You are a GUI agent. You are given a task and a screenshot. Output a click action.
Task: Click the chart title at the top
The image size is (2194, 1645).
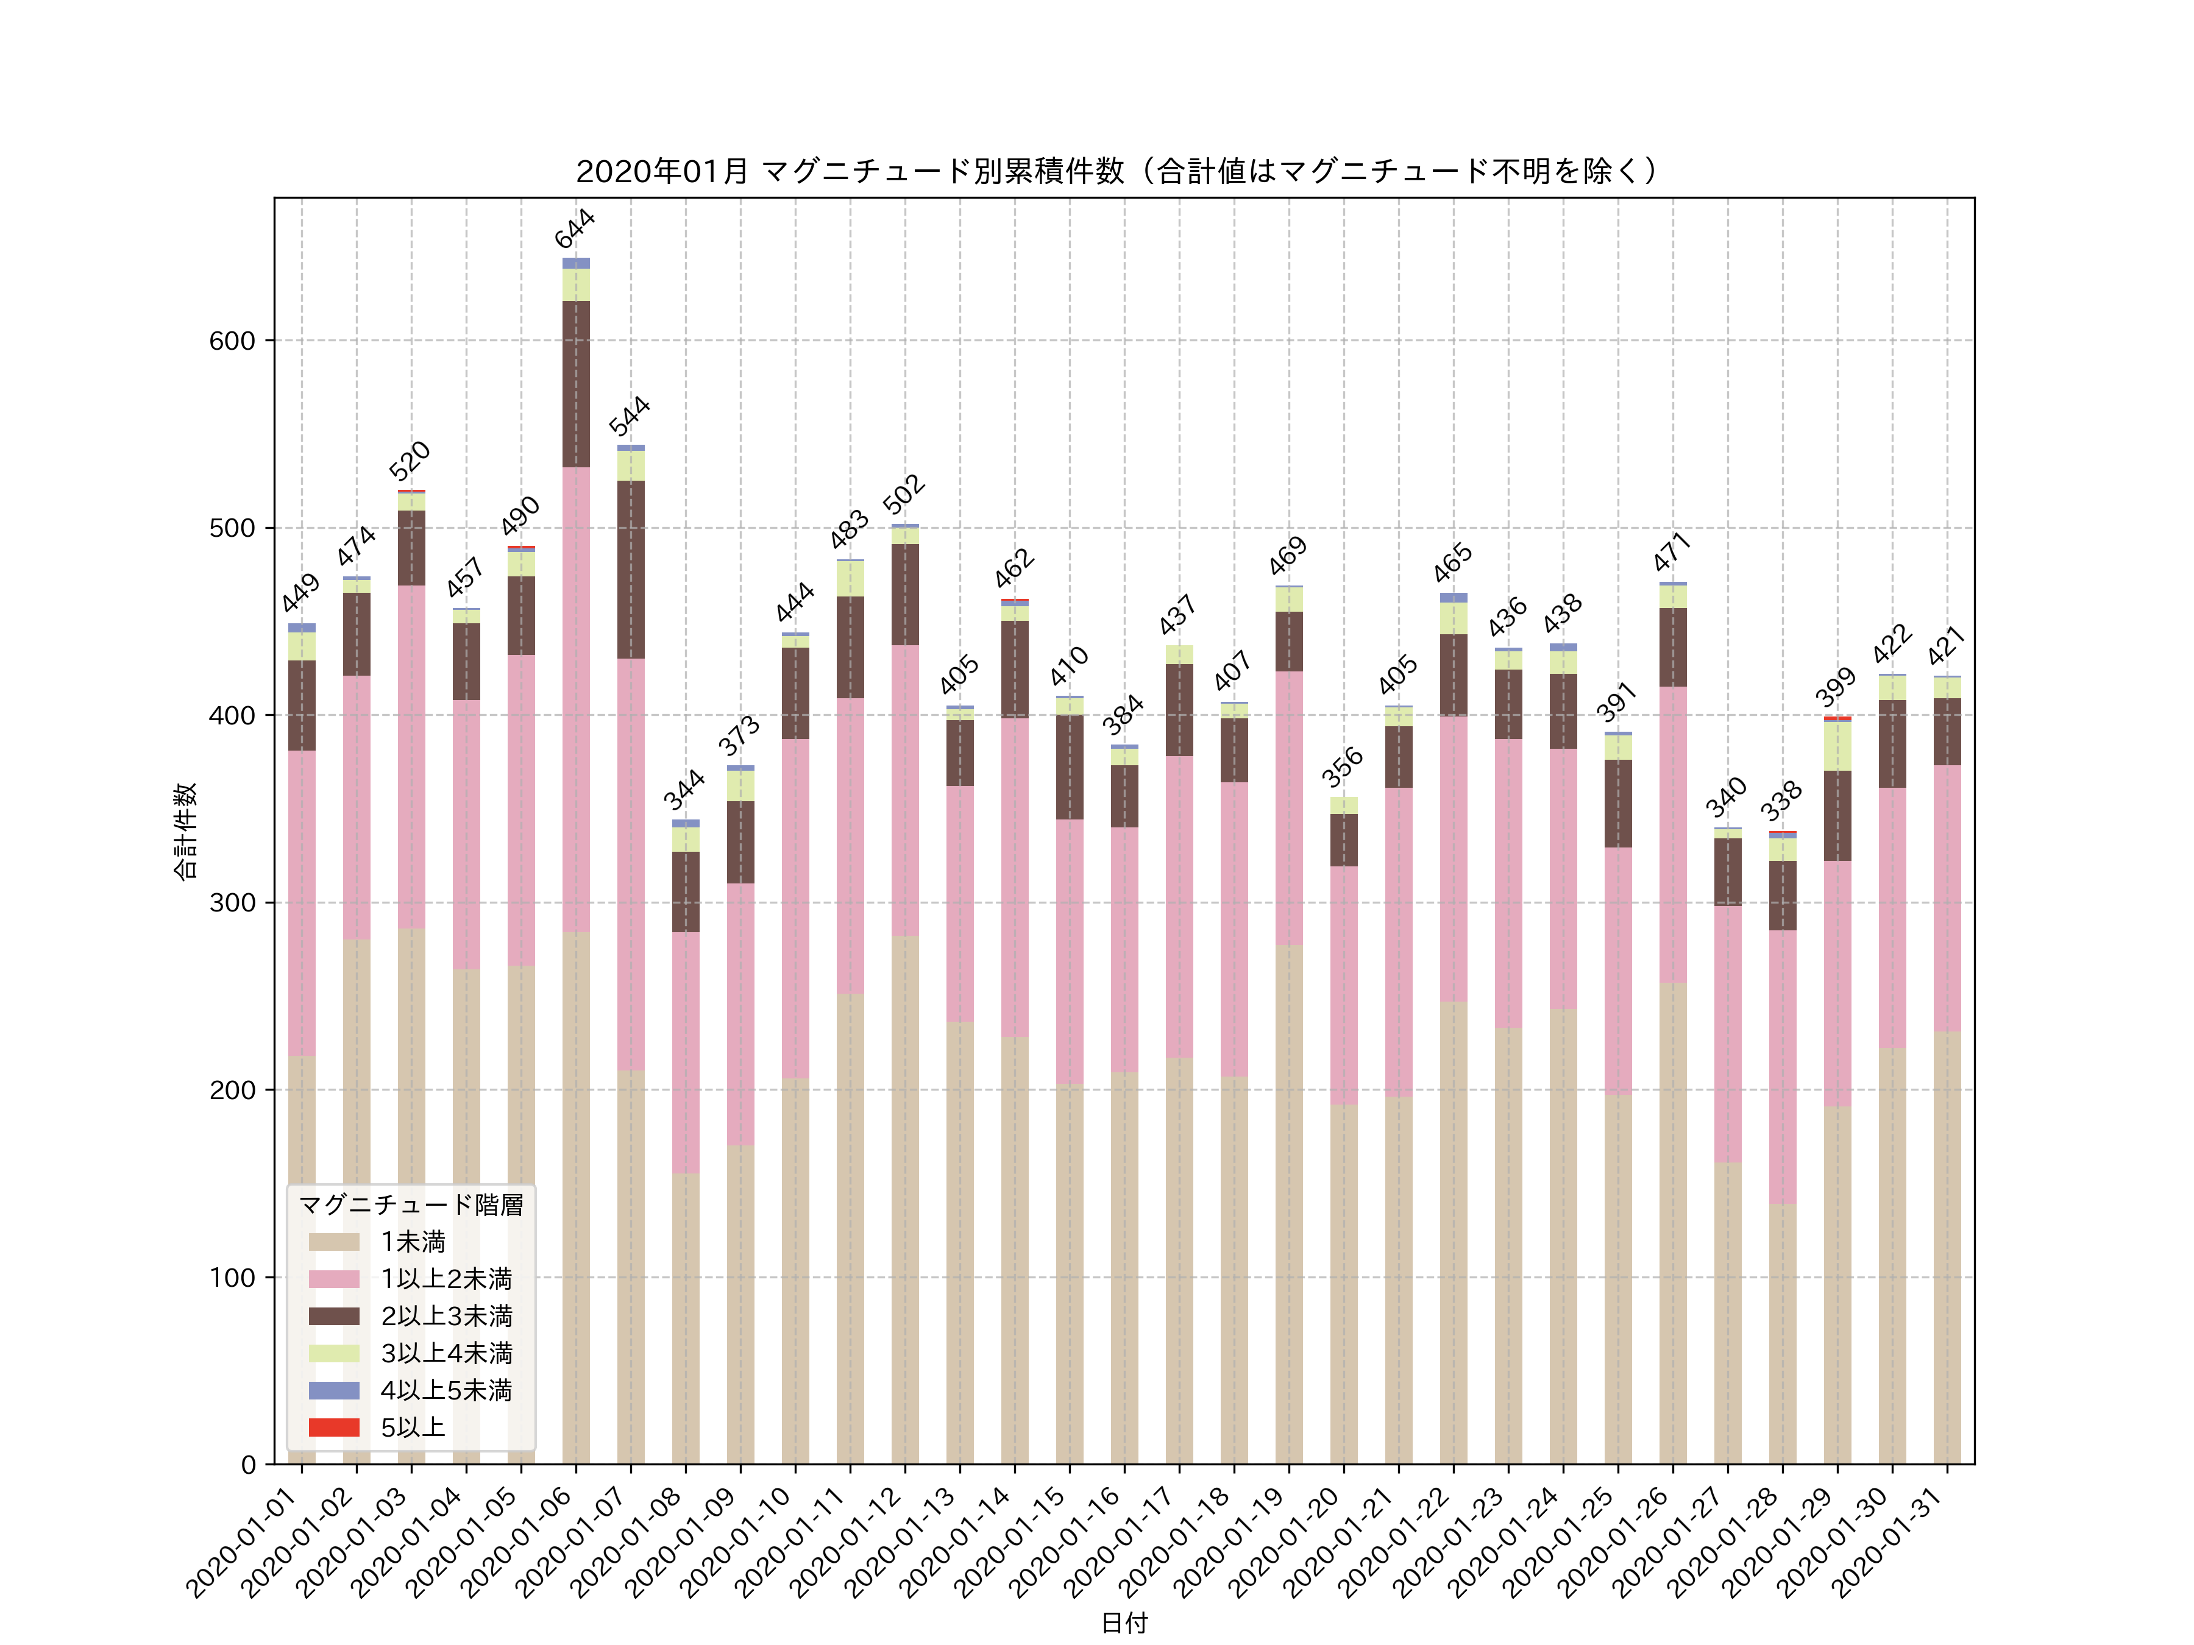pyautogui.click(x=1117, y=172)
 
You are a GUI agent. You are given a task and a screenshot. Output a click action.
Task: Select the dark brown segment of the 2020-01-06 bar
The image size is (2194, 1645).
pyautogui.click(x=577, y=384)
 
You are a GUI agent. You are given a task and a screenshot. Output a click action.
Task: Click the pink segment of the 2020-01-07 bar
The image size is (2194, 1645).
pyautogui.click(x=631, y=863)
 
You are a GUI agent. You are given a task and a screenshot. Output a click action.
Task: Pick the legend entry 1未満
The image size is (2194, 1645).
pyautogui.click(x=413, y=1242)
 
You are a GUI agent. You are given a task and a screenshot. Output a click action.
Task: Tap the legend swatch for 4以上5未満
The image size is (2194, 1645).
pyautogui.click(x=333, y=1390)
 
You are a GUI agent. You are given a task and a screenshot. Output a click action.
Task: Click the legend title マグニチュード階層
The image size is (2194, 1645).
pyautogui.click(x=411, y=1205)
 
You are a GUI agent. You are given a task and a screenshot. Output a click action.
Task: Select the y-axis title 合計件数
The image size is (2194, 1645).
pyautogui.click(x=185, y=831)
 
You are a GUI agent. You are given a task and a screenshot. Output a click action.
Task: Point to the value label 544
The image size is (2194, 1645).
pyautogui.click(x=629, y=417)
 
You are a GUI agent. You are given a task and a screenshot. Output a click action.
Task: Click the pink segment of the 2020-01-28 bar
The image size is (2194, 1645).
pyautogui.click(x=1783, y=1066)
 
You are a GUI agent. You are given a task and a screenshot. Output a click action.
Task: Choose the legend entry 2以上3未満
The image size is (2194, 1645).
pyautogui.click(x=446, y=1316)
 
